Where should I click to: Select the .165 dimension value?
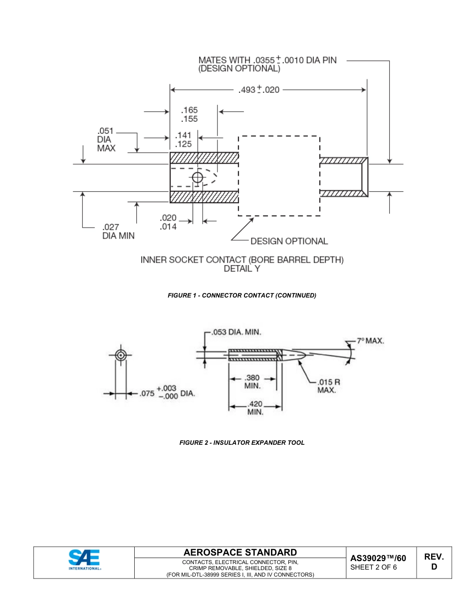tap(189, 110)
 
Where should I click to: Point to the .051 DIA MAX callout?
tap(106, 140)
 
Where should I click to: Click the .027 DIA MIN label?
tap(118, 231)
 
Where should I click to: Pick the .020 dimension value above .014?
tap(168, 218)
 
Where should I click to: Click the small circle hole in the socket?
tap(198, 177)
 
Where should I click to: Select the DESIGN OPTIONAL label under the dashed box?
tap(289, 241)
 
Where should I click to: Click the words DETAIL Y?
tap(242, 269)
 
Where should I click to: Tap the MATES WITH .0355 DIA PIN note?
tap(267, 64)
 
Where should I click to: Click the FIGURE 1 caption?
tap(242, 296)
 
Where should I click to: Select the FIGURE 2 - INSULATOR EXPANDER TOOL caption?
tap(242, 443)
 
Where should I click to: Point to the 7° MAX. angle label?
tap(370, 341)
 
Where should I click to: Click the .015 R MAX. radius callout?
tap(328, 385)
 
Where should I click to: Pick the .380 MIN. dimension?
tap(252, 381)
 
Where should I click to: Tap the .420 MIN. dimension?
tap(255, 408)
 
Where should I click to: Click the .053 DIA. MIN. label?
tap(237, 332)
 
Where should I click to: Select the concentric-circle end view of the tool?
tap(120, 355)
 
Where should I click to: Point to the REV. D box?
tap(434, 562)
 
